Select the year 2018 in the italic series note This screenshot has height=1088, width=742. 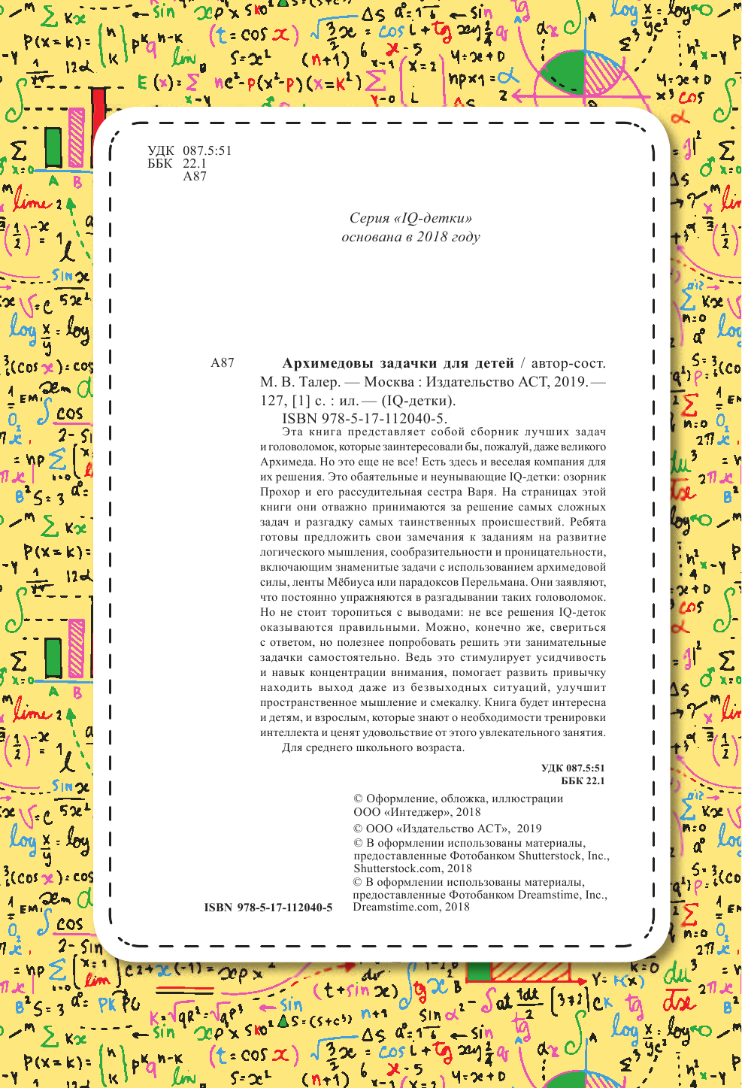(x=432, y=237)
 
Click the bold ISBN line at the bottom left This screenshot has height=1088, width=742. (x=268, y=908)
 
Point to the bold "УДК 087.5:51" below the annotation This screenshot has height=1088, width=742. (x=573, y=768)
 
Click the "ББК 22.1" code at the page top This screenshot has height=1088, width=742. (x=177, y=163)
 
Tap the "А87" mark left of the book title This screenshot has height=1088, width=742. (x=223, y=363)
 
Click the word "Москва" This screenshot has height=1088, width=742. (x=389, y=382)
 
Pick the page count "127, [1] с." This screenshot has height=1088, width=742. (x=293, y=401)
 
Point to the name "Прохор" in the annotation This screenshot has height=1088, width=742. (x=280, y=492)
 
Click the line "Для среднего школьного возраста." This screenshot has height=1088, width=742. (x=373, y=747)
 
